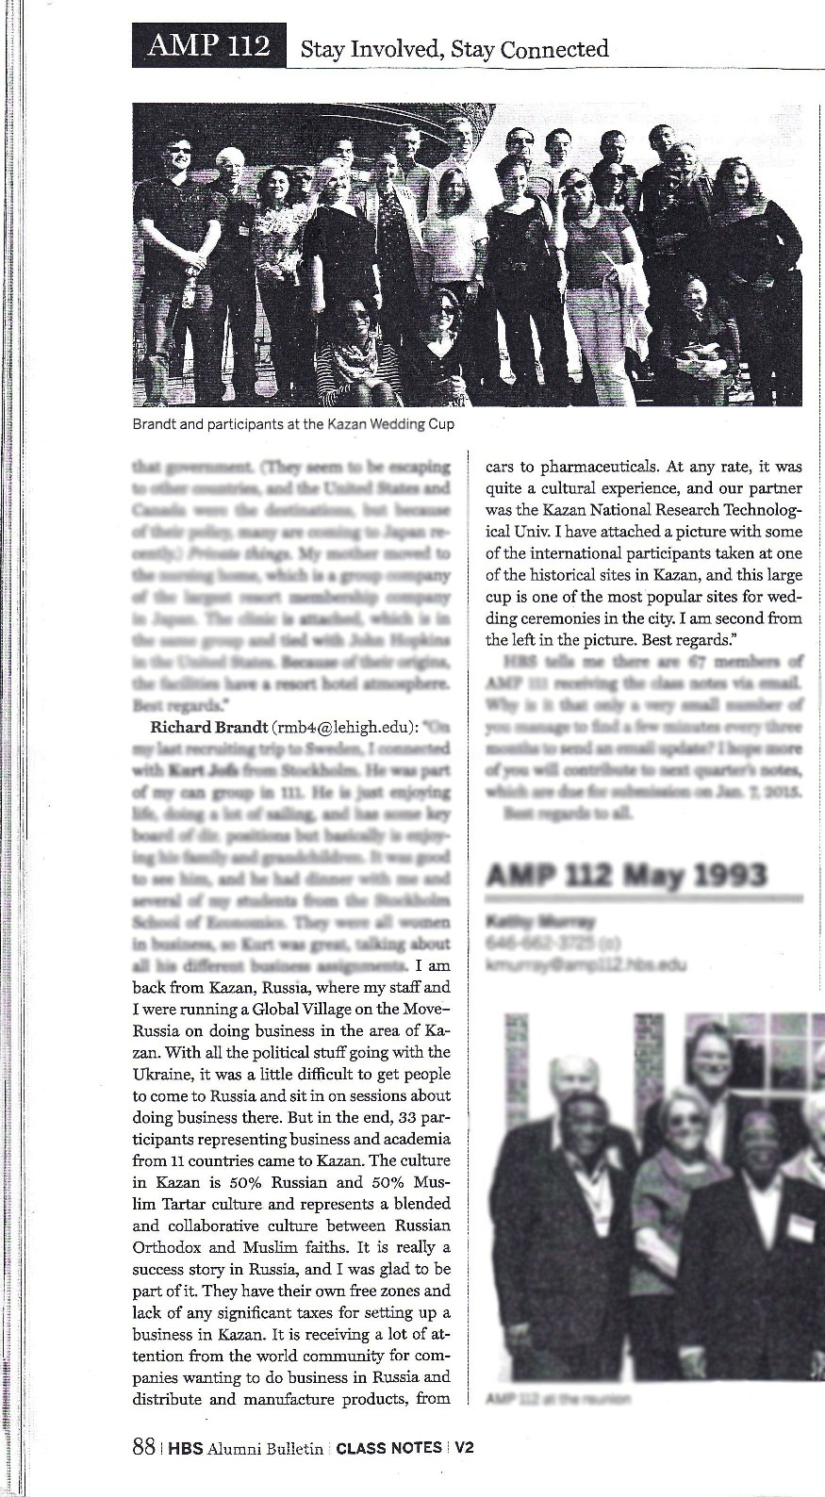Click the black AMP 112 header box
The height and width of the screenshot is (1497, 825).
[209, 45]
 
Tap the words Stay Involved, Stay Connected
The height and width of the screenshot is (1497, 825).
[454, 48]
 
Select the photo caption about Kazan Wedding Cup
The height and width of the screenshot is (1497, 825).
[294, 424]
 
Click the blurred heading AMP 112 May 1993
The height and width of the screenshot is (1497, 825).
[626, 876]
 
